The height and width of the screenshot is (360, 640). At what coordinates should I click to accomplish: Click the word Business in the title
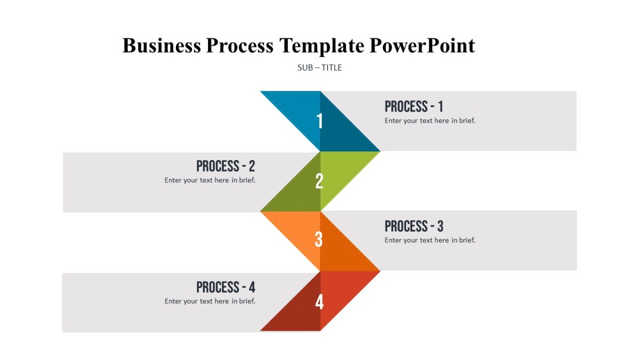coord(162,46)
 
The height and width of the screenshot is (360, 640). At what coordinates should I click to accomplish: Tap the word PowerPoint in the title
coord(422,46)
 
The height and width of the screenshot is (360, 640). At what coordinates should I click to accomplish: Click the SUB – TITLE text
coord(319,68)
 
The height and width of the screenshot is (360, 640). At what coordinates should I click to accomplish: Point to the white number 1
coord(319,122)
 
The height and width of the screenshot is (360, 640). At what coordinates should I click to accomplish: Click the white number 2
coord(319,182)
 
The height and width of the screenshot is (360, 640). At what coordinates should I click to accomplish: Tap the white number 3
coord(318,240)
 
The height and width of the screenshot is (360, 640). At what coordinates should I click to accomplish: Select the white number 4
coord(319,302)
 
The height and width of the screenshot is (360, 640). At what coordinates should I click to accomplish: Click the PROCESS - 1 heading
coord(414,107)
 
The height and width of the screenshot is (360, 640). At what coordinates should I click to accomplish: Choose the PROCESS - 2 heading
coord(226,166)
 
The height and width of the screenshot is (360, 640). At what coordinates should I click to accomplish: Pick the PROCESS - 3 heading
coord(414,226)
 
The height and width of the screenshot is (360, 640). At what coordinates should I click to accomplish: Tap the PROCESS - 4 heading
coord(226,287)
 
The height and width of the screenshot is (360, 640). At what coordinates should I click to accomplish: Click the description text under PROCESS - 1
coord(430,121)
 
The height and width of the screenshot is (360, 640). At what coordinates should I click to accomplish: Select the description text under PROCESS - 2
coord(210,180)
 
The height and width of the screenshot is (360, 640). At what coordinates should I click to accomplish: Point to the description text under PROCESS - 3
coord(430,240)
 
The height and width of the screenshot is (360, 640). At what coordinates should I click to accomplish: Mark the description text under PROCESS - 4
coord(210,301)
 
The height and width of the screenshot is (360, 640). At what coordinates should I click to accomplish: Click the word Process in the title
coord(239,46)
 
